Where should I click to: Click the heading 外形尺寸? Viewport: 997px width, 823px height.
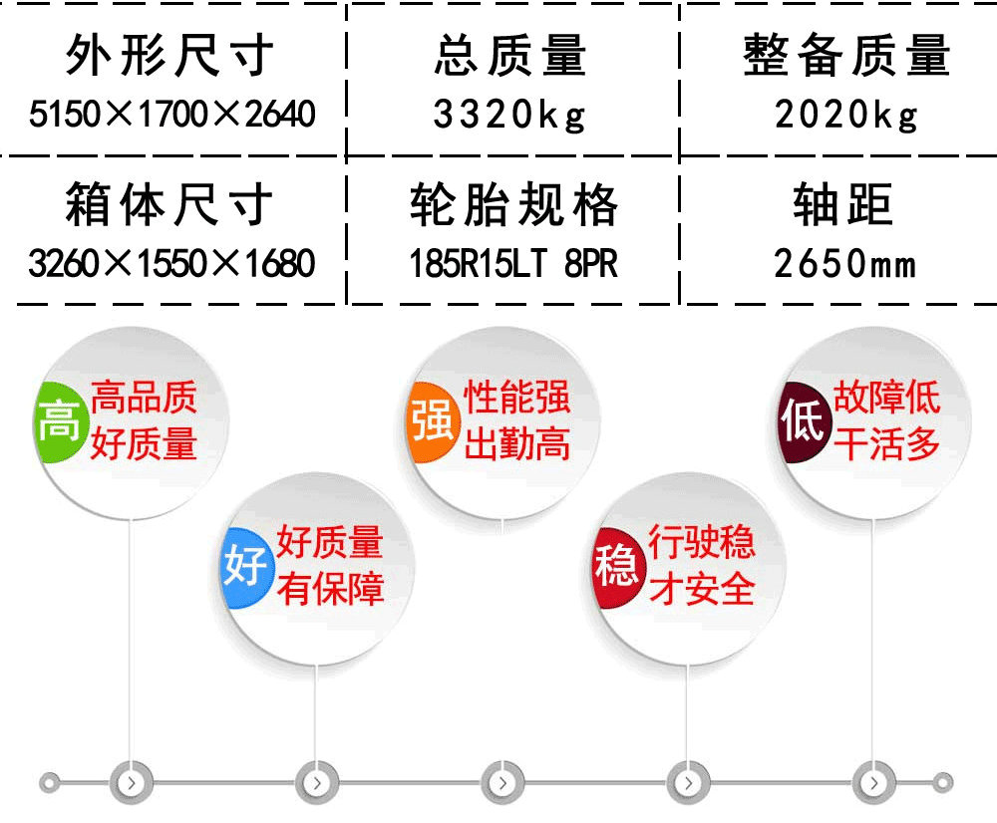[x=169, y=56]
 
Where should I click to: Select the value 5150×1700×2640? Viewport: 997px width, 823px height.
[x=172, y=114]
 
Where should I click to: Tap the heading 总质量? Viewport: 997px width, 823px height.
[x=509, y=56]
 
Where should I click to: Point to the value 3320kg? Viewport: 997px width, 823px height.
[x=509, y=116]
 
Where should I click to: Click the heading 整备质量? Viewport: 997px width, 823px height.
[x=846, y=56]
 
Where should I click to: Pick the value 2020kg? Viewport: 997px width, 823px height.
[x=846, y=116]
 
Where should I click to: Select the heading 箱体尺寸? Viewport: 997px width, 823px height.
[x=169, y=204]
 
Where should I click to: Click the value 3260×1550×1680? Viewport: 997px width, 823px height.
[x=171, y=263]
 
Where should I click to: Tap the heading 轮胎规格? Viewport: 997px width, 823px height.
[x=513, y=204]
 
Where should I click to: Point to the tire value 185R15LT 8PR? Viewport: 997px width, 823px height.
[x=513, y=263]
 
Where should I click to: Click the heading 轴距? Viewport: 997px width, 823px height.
[x=843, y=204]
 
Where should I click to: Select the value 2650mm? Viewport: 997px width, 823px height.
[x=845, y=263]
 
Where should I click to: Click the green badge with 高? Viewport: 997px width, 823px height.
[x=59, y=420]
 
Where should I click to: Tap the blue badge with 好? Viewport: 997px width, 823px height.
[x=245, y=566]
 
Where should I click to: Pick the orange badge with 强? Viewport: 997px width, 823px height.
[x=433, y=420]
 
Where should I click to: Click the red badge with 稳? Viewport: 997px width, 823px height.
[x=616, y=566]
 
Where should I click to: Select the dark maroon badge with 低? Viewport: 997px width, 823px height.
[x=803, y=420]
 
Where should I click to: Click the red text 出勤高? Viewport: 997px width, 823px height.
[x=516, y=443]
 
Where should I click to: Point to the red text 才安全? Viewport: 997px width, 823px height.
[x=701, y=589]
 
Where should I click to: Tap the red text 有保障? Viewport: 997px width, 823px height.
[x=330, y=589]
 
